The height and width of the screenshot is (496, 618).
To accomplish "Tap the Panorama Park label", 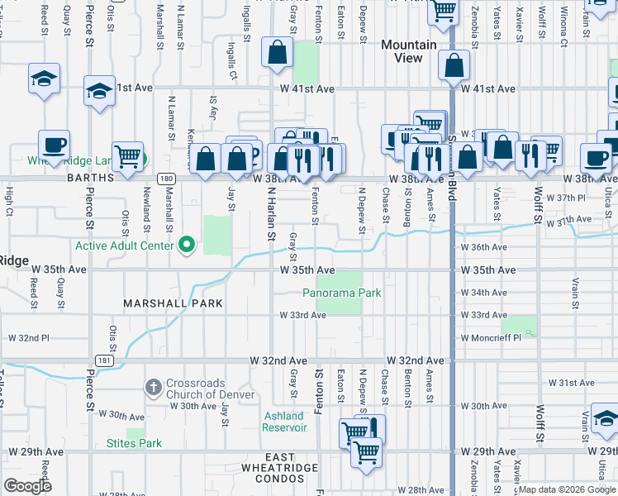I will pyautogui.click(x=341, y=293).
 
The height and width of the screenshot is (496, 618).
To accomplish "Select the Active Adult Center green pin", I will pyautogui.click(x=187, y=245).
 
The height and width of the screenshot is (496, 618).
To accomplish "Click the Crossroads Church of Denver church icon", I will pyautogui.click(x=153, y=386).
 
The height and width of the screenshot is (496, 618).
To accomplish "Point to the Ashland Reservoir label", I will pyautogui.click(x=284, y=422).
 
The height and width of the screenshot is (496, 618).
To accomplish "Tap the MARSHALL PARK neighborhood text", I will pyautogui.click(x=173, y=303).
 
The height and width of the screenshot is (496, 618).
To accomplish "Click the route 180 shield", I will pyautogui.click(x=166, y=178).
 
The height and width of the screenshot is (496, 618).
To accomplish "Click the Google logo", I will pyautogui.click(x=27, y=486).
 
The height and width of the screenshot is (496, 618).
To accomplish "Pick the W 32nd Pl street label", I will pyautogui.click(x=28, y=338).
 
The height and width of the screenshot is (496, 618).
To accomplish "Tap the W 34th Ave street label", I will pyautogui.click(x=483, y=293).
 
